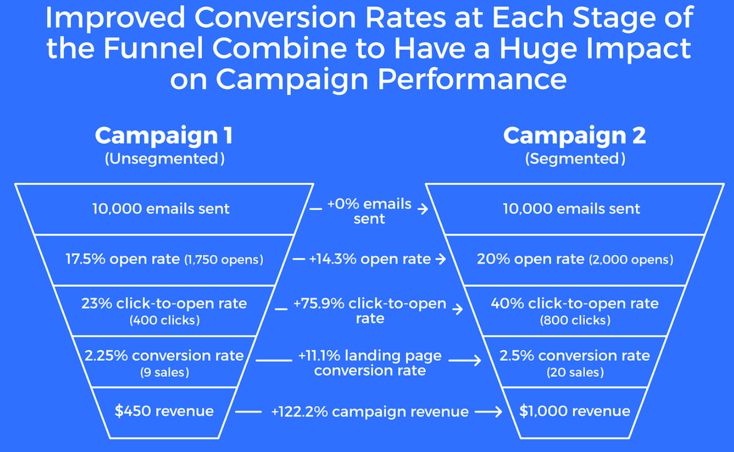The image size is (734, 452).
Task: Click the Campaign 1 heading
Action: [x=164, y=136]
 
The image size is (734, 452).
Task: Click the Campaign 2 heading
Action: [x=575, y=136]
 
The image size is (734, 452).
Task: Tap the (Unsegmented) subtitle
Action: [x=165, y=159]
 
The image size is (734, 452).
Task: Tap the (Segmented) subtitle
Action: [x=575, y=159]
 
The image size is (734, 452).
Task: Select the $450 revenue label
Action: [x=164, y=411]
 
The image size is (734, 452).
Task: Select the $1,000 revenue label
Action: [x=575, y=411]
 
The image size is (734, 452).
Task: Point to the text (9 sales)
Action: [x=165, y=372]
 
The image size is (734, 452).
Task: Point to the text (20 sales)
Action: [x=575, y=372]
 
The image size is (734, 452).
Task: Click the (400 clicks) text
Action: [x=165, y=320]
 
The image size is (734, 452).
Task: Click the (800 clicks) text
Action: [x=575, y=320]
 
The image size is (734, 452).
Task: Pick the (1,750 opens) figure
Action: [x=224, y=260]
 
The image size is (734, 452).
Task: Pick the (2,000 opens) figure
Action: [x=631, y=260]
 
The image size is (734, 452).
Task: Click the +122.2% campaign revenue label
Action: [x=370, y=412]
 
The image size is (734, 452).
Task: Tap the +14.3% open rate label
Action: [x=370, y=259]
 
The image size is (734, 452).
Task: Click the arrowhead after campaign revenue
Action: [x=498, y=412]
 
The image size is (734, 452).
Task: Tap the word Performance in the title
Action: [x=472, y=79]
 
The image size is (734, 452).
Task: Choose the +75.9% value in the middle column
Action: [x=319, y=304]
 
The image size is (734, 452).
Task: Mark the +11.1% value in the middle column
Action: [x=319, y=356]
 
